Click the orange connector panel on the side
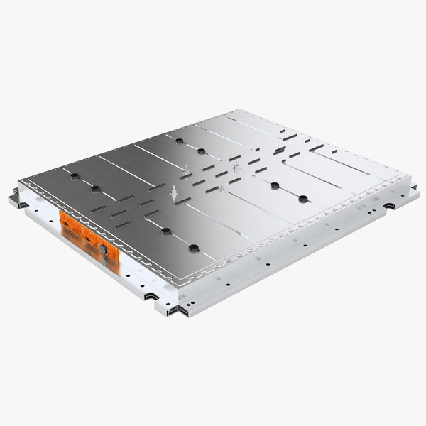click(x=85, y=234)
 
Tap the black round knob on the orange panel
click(x=103, y=250)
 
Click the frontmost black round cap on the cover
click(x=192, y=248)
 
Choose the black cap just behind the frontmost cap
click(x=165, y=231)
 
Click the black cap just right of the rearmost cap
click(x=202, y=151)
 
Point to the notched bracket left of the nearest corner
click(x=151, y=295)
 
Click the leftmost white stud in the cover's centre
click(x=173, y=192)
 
